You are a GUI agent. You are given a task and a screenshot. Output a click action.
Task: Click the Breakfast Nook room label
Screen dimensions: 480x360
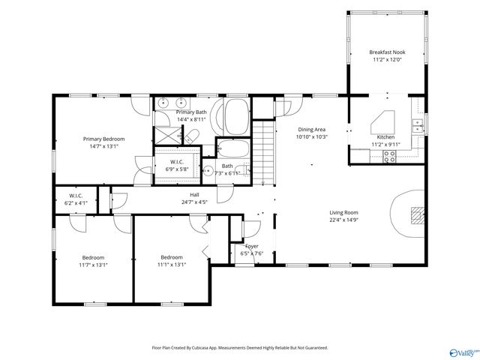click(387, 52)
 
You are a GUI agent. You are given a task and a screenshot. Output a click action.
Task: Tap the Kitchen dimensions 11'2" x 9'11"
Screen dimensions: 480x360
click(385, 145)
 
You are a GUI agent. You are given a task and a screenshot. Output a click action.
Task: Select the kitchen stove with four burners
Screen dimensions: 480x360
click(389, 157)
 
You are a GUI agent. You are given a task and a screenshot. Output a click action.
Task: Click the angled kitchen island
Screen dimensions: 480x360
click(382, 122)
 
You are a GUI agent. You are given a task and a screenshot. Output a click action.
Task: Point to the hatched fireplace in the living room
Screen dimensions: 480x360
click(418, 216)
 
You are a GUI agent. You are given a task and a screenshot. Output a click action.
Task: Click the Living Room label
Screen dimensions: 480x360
click(343, 212)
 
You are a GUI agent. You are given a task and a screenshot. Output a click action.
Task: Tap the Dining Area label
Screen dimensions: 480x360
click(312, 130)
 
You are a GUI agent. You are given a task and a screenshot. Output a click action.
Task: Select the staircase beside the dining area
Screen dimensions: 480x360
click(263, 153)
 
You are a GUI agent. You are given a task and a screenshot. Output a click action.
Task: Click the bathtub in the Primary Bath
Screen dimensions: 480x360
click(235, 117)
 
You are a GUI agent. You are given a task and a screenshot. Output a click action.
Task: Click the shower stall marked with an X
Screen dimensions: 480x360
click(168, 135)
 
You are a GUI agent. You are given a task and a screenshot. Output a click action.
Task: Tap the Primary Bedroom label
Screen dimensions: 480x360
click(103, 139)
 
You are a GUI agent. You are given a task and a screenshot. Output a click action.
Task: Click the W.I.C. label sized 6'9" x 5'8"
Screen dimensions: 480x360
click(177, 162)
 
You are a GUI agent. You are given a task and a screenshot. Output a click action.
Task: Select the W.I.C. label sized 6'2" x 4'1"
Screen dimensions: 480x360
click(76, 196)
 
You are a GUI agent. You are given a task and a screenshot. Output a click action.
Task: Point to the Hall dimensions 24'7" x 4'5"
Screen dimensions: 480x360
click(194, 202)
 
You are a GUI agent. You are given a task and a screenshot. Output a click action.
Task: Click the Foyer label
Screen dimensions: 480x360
click(252, 246)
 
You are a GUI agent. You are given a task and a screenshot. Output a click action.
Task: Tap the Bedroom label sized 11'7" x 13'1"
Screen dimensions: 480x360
click(93, 258)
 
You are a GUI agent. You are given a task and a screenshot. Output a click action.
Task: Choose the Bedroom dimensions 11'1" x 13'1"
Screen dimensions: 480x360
click(172, 265)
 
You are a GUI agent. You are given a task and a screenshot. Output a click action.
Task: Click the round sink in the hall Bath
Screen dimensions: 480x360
click(208, 170)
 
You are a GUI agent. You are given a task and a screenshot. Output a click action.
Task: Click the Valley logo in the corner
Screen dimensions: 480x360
click(463, 353)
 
